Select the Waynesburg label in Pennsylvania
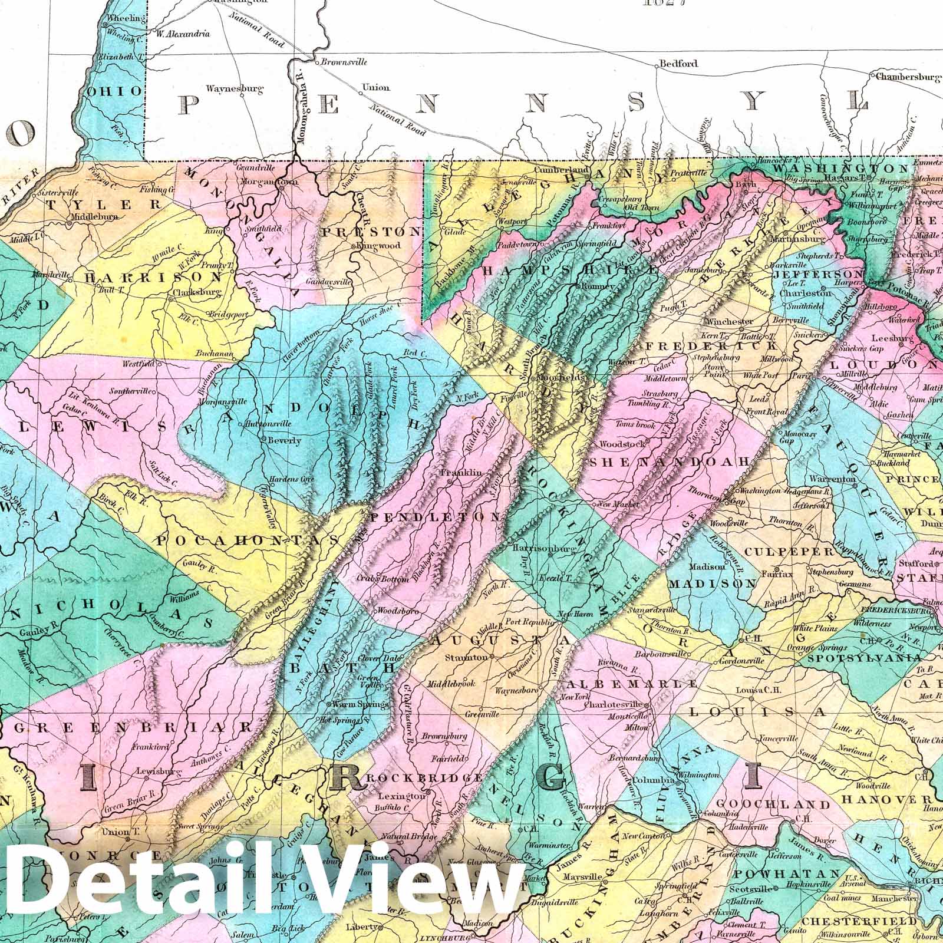(x=234, y=90)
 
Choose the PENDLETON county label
(x=436, y=517)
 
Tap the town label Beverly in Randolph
(x=284, y=440)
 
